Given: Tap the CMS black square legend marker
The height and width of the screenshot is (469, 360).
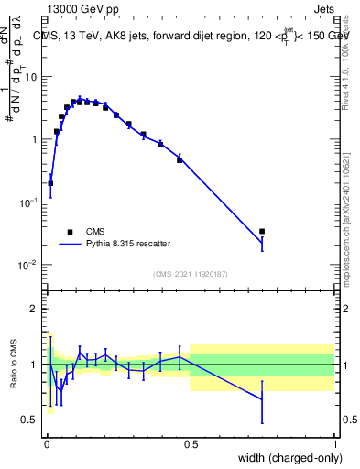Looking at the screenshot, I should tap(70, 232).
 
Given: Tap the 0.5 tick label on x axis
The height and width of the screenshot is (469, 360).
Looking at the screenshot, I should tap(191, 441).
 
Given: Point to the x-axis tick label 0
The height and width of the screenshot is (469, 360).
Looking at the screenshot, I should tap(47, 441).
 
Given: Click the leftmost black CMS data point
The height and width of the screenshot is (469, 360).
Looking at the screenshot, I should tap(50, 183).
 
